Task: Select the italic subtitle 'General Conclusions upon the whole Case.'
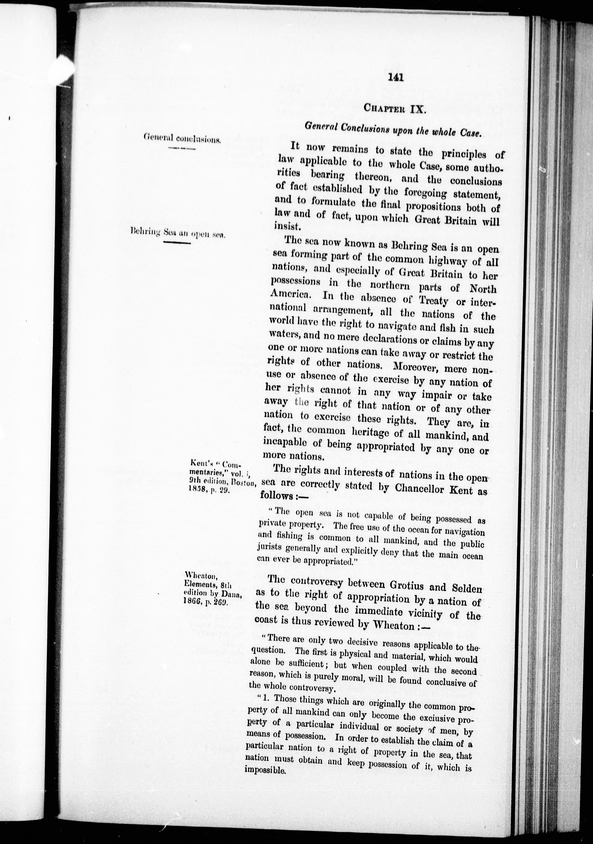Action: pos(393,129)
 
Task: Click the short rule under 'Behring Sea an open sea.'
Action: pos(177,243)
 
